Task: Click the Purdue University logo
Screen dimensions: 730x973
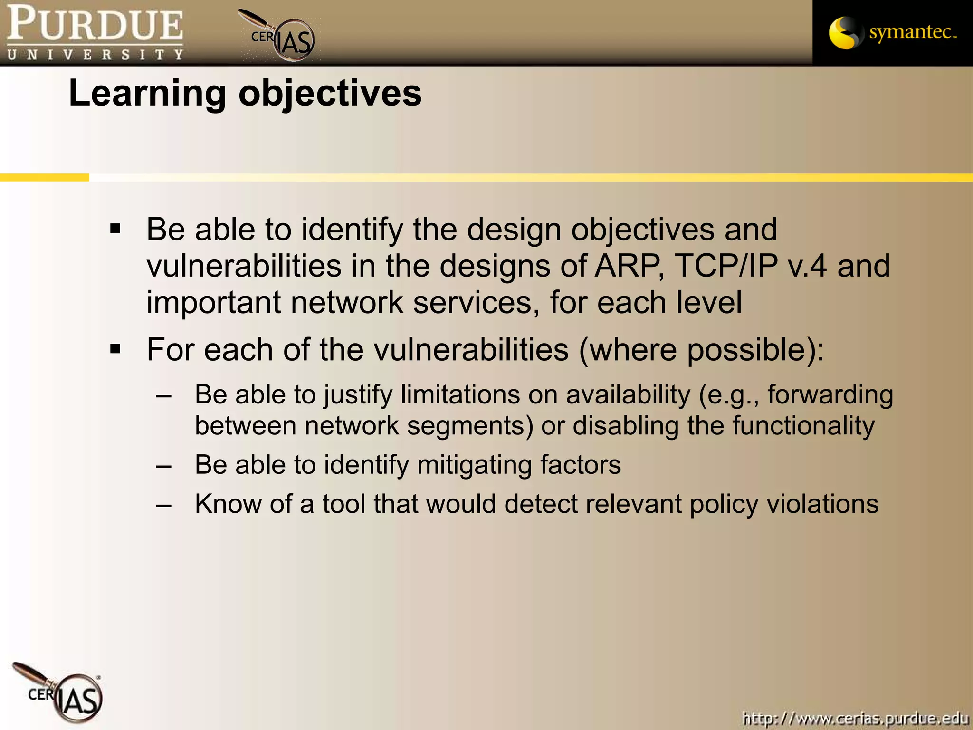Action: [x=95, y=32]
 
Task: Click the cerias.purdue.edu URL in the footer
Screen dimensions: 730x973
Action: [x=855, y=718]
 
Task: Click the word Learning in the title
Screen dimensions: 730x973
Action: [x=147, y=94]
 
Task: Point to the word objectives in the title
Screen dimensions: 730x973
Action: [x=330, y=94]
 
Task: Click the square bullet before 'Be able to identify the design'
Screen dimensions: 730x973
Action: [x=115, y=230]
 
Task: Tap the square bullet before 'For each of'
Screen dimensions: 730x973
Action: [x=115, y=350]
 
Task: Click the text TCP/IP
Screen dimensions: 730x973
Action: [x=726, y=266]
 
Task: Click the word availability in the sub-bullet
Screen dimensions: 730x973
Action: [x=628, y=395]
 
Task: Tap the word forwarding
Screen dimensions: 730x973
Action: [x=830, y=395]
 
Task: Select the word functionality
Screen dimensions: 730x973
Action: [x=803, y=425]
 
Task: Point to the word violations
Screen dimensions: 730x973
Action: [x=822, y=504]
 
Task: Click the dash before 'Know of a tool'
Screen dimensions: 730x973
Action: [x=164, y=505]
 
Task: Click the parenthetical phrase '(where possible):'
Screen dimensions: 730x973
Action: [x=701, y=350]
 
